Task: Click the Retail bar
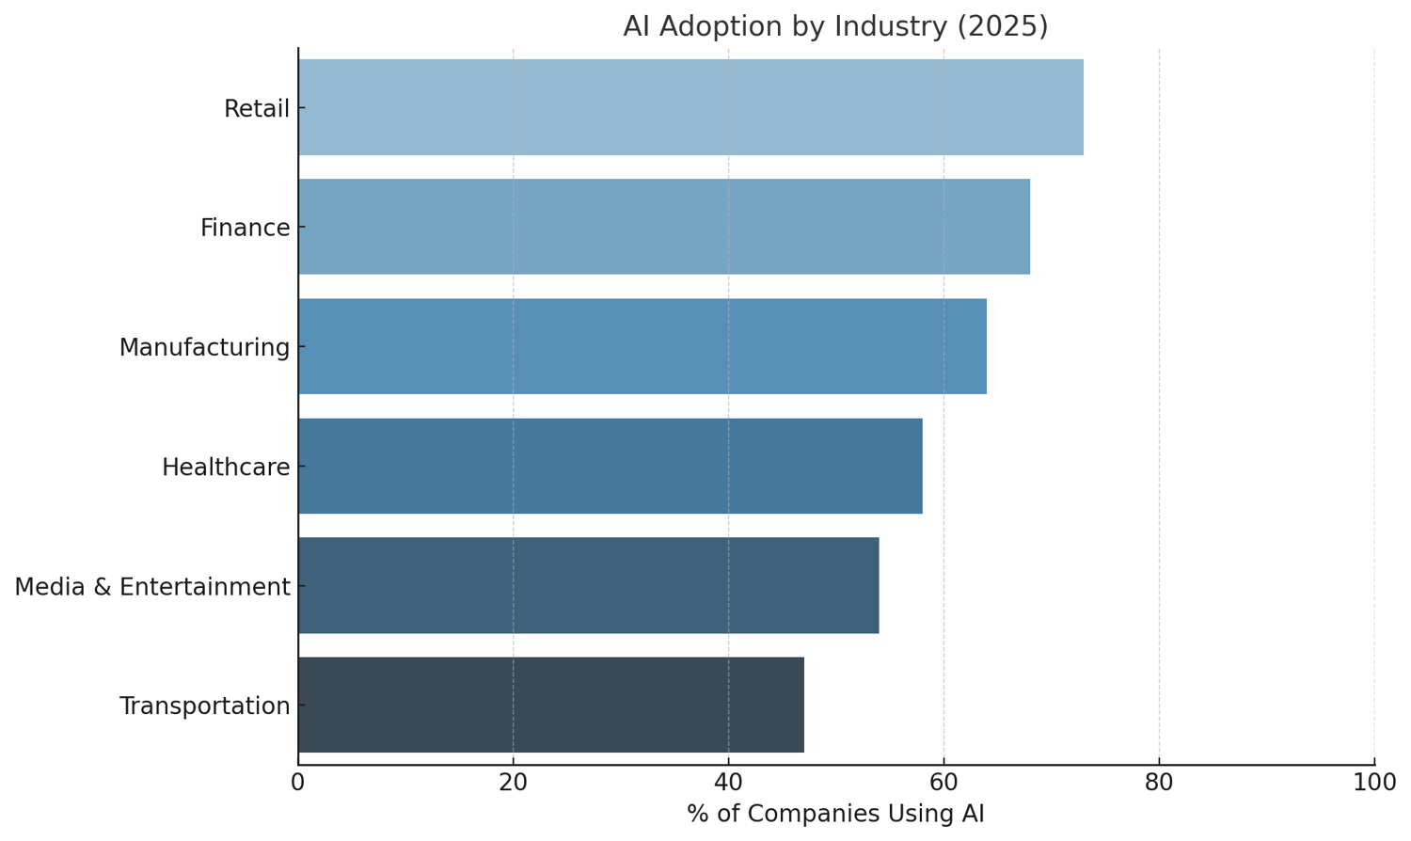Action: pos(690,107)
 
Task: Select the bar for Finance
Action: pos(664,227)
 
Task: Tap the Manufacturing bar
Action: pos(642,346)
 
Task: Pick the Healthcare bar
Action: pos(610,466)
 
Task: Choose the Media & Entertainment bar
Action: pos(589,585)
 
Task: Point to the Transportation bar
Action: pos(551,705)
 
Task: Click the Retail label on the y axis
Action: pos(256,109)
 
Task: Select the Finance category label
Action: pos(245,228)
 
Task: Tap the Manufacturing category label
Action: pos(204,347)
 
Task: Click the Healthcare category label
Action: pos(226,467)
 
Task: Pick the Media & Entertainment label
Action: pos(152,587)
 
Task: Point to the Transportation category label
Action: pos(204,706)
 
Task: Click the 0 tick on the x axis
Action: pos(298,783)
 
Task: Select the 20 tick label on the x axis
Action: pos(514,783)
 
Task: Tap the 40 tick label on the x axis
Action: pos(728,783)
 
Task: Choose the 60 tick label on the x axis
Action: pos(943,783)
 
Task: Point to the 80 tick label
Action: pos(1159,783)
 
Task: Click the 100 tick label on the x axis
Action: pos(1374,783)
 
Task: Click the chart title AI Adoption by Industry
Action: pos(835,26)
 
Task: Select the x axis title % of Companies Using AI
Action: pos(835,814)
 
